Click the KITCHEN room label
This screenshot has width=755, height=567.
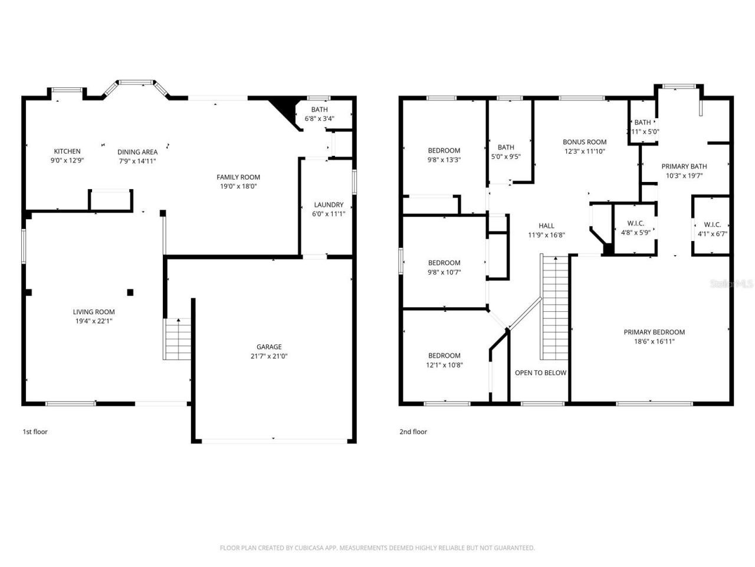pos(67,151)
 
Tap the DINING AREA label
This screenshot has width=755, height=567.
pos(137,152)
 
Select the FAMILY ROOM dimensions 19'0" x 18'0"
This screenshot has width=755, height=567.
pos(238,186)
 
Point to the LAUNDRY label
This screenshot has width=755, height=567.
pos(329,205)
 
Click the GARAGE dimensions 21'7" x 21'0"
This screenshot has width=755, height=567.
pos(268,356)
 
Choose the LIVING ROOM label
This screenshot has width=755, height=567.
pos(94,312)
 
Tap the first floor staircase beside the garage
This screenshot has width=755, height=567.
pos(178,339)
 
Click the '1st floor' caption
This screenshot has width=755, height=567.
pos(35,432)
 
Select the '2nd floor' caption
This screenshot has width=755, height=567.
pos(413,432)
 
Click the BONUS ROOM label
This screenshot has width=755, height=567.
pos(585,142)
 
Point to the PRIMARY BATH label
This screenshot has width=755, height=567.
pos(684,167)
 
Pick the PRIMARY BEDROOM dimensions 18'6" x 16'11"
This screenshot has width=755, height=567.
pos(654,341)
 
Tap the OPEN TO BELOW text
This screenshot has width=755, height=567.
pos(540,373)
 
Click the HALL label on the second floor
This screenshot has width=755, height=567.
pos(546,226)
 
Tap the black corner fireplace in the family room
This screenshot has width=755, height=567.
pos(284,107)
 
